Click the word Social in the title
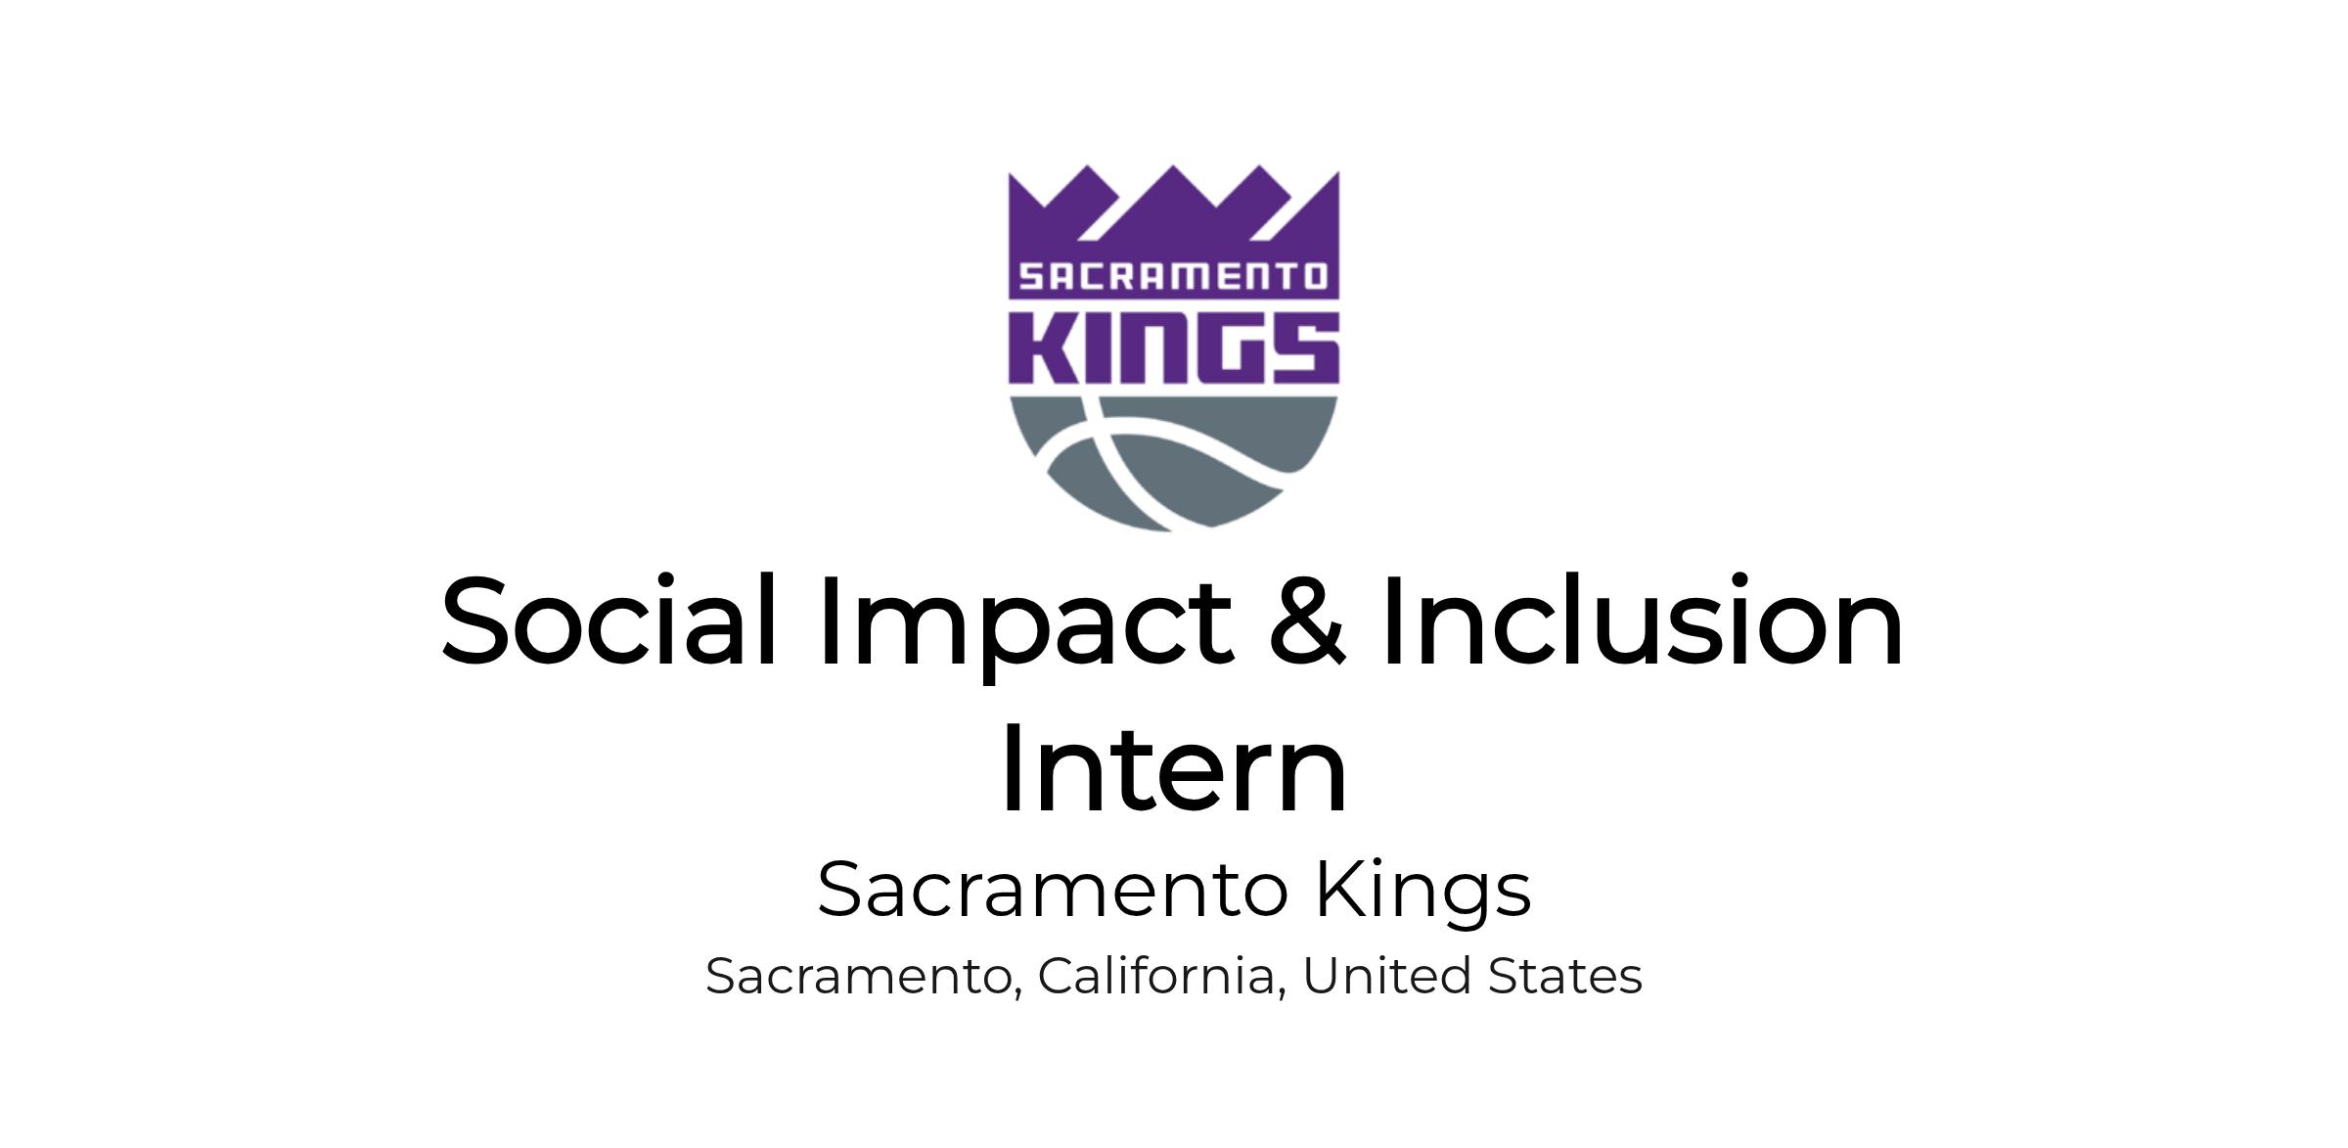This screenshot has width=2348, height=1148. point(610,620)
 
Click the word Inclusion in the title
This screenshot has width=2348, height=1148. point(1644,620)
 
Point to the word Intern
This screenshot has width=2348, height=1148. point(1173,768)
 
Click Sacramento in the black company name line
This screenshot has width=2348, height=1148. point(1053,890)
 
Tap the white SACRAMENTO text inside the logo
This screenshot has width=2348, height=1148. point(1173,277)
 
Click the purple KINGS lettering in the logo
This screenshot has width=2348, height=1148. point(1174,347)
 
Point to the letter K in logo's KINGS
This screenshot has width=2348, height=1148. point(1042,347)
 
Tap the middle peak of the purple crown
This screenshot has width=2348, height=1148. point(1174,167)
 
